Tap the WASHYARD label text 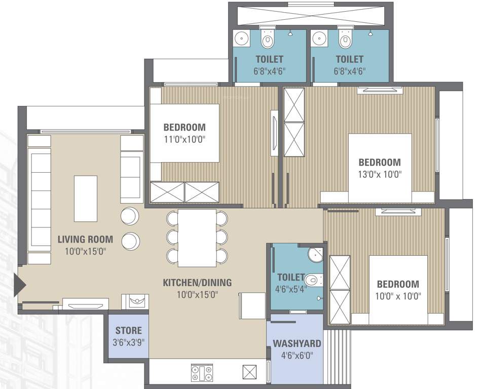tap(297, 343)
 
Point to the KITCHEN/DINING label tap(197, 282)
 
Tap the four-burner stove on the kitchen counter tap(202, 373)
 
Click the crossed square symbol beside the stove tap(250, 372)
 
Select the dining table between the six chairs tap(197, 238)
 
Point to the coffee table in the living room tap(85, 199)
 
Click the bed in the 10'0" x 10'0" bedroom tap(398, 289)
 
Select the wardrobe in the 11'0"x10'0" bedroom tap(184, 193)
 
